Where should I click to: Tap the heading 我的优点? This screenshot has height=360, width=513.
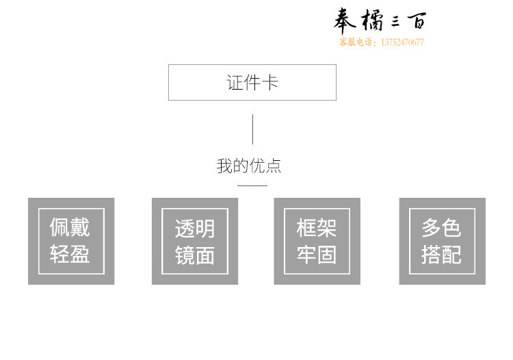[249, 166]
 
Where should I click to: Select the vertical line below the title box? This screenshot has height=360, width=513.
[252, 129]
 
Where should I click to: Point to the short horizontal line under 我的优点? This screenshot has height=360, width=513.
[252, 185]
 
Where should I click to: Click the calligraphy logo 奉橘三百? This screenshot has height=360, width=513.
[380, 21]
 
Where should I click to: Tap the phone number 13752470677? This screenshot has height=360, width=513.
[402, 42]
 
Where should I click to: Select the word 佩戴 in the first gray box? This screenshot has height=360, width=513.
[70, 227]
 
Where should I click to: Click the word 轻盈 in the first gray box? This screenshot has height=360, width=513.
[70, 254]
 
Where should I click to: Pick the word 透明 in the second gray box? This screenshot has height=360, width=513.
[195, 229]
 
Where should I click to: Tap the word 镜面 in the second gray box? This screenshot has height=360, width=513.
[195, 255]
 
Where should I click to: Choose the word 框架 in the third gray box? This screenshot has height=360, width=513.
[317, 228]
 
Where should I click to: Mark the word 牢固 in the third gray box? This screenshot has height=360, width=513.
[317, 255]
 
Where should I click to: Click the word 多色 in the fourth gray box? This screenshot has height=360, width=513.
[441, 228]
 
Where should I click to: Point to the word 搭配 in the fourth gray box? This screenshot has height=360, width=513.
[441, 255]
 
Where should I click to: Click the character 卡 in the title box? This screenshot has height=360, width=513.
[270, 82]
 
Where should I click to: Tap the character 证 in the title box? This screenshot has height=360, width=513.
[235, 82]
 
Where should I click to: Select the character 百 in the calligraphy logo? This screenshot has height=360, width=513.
[417, 21]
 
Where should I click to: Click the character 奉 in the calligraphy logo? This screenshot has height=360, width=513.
[344, 21]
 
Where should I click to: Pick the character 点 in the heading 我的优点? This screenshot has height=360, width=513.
[274, 166]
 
